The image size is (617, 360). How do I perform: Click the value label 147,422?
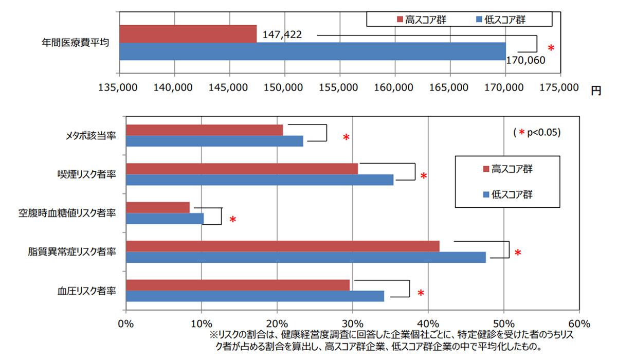282,35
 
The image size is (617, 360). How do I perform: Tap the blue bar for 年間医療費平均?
312,51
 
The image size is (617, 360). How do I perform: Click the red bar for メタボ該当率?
204,130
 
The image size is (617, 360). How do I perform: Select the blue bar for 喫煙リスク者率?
259,179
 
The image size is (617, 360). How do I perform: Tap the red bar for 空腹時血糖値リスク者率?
157,207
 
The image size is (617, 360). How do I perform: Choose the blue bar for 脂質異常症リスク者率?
305,257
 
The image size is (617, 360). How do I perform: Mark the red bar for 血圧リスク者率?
238,285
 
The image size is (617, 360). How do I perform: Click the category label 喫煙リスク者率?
86,174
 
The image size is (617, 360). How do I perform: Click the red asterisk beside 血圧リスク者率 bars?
421,293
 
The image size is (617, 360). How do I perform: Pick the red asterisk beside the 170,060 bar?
551,48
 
